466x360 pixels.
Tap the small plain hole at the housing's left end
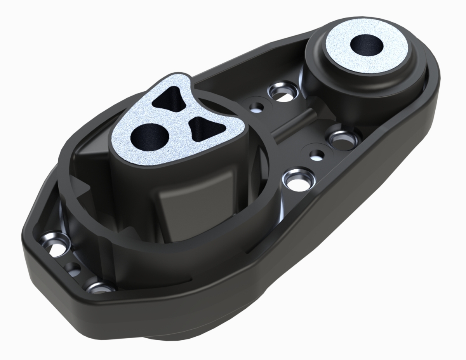pyautogui.click(x=73, y=268)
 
